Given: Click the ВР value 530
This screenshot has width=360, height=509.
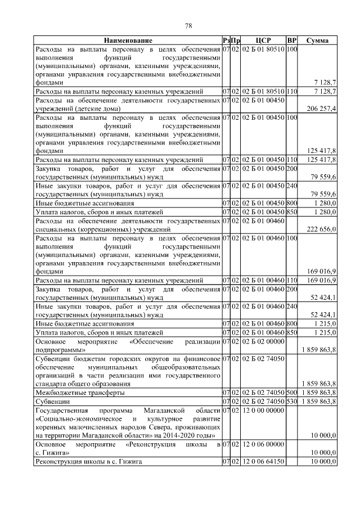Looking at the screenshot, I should pos(291,402).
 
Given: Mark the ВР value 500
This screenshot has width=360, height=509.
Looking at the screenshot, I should pos(291,392).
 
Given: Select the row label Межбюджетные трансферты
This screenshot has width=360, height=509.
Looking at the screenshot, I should pos(80,392).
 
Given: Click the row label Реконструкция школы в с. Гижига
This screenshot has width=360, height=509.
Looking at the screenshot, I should pos(89,462).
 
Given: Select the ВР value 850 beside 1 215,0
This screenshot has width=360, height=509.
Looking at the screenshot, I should pos(291,332).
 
